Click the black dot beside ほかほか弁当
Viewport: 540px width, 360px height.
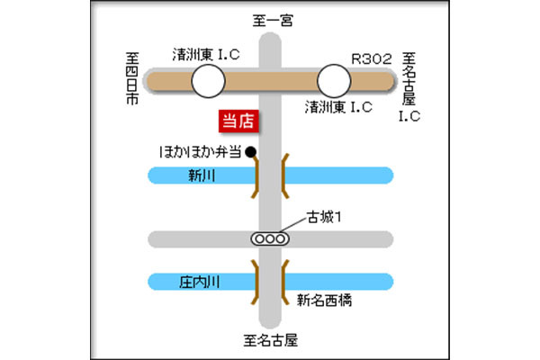tap(251, 151)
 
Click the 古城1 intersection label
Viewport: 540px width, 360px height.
tap(327, 217)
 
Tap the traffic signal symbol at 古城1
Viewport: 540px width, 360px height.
tap(269, 239)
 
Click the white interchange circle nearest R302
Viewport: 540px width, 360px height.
tap(336, 85)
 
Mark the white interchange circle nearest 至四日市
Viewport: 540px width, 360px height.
tap(207, 85)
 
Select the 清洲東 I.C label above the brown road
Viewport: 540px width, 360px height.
tap(207, 55)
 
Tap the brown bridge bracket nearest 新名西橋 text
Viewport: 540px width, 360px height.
tap(284, 281)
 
